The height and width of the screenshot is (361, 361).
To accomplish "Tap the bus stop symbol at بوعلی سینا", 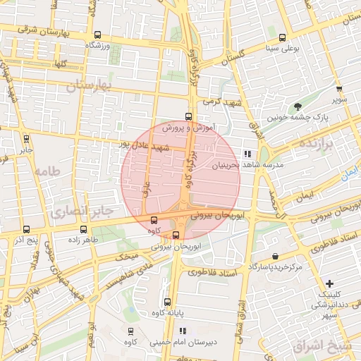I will [283, 38].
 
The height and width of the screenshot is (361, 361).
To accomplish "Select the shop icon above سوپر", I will [339, 89].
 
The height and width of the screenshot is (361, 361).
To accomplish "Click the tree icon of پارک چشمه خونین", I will [300, 106].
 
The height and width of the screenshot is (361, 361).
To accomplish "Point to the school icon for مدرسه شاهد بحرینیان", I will [247, 154].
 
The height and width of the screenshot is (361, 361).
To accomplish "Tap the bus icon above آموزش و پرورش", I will [188, 117].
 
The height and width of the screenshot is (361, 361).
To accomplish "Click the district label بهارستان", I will [90, 86].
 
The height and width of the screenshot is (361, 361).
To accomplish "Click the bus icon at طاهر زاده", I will [84, 229].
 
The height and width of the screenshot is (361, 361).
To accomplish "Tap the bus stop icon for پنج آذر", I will [26, 229].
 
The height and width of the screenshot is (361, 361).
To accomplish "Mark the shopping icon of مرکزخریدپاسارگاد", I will [274, 257].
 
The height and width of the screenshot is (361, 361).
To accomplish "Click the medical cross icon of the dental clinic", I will [330, 283].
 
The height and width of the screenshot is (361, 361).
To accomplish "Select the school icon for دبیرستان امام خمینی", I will [183, 331].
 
